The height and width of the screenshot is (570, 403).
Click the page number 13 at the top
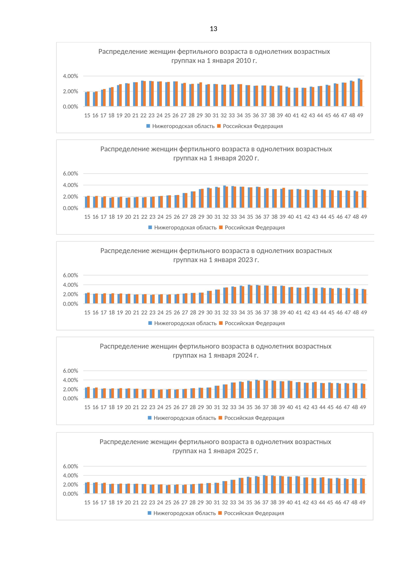(x=213, y=29)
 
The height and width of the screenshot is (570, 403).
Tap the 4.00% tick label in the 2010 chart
(x=71, y=76)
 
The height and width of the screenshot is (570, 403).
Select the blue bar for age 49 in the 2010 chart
(x=359, y=93)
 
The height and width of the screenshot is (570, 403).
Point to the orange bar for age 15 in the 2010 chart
(x=88, y=99)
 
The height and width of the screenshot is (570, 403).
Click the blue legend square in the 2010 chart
(x=148, y=126)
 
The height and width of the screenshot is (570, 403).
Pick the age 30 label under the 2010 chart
(x=208, y=116)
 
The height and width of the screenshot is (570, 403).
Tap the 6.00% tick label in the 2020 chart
(x=71, y=174)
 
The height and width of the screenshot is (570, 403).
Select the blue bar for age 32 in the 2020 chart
(x=224, y=197)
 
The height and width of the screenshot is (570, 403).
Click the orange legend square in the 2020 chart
(x=221, y=228)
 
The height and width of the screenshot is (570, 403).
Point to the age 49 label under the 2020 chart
(x=364, y=217)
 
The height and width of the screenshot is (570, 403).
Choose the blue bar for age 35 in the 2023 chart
(x=249, y=294)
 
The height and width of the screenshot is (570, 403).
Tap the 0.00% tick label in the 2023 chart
(x=71, y=304)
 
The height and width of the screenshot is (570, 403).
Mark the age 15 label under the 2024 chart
(x=87, y=407)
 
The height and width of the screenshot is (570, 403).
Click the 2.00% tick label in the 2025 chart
(x=71, y=485)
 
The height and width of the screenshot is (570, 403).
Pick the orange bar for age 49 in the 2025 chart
(x=364, y=486)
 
